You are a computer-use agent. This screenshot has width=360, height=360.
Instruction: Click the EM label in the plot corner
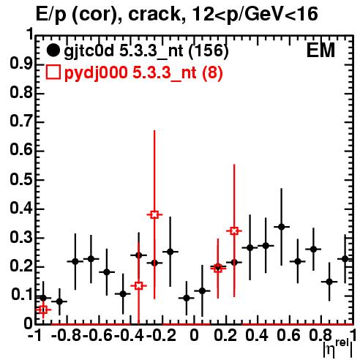tap(320, 50)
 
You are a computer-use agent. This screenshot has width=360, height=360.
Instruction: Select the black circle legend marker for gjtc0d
tap(53, 50)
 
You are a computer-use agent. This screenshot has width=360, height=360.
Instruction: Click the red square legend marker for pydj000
tap(53, 72)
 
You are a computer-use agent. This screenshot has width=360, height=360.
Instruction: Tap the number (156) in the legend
tap(209, 50)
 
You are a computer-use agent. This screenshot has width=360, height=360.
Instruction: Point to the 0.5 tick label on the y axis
tap(21, 180)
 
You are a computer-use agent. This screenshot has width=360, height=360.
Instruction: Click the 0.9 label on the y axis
tap(21, 64)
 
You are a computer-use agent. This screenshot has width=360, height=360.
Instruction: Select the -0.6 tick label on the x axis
tap(97, 335)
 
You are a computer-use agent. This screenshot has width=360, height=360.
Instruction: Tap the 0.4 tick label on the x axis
tap(257, 335)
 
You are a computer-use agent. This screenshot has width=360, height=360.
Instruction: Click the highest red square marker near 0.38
tap(154, 214)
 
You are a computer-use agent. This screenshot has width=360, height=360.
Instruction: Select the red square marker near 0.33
tap(234, 230)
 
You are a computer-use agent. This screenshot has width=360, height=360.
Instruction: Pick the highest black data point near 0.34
tap(282, 227)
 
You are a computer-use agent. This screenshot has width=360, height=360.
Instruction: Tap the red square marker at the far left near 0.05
tap(43, 310)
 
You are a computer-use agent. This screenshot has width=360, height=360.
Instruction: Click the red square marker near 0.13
tap(138, 285)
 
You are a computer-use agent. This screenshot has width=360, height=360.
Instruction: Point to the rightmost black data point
tap(345, 259)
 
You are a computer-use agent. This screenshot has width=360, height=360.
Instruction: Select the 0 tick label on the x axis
tap(194, 335)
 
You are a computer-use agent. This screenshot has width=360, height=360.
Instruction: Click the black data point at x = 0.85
tap(329, 282)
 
